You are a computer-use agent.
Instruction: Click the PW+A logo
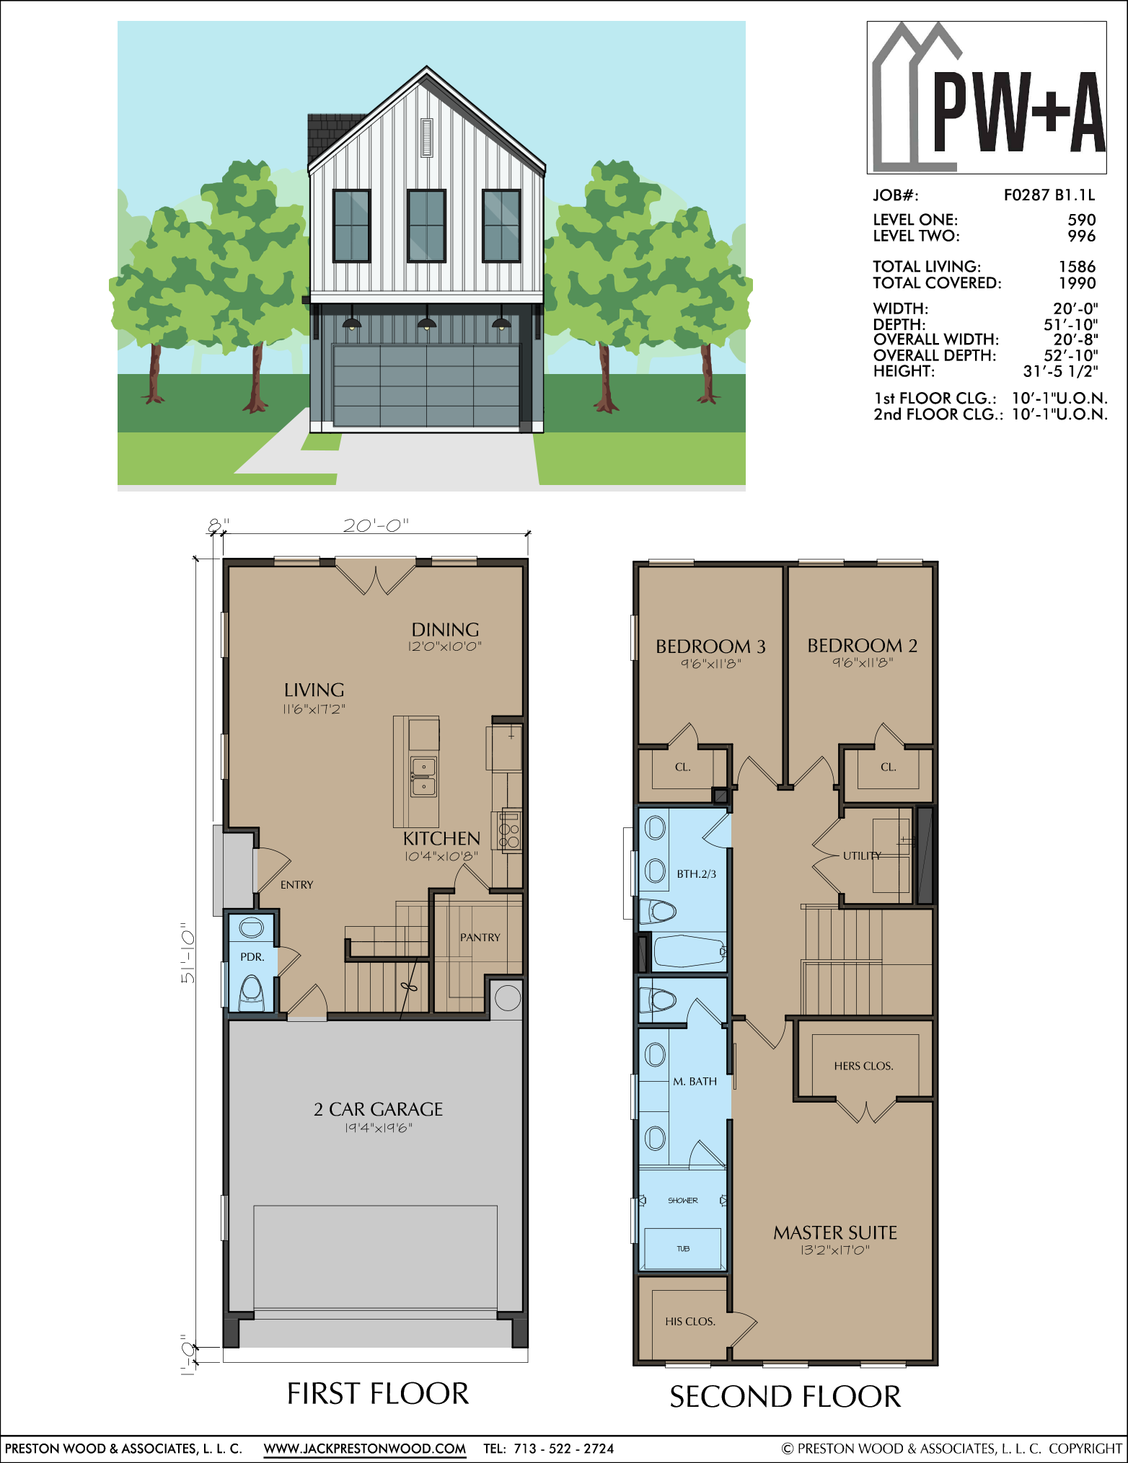pos(987,97)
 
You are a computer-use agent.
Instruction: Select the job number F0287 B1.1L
pos(1049,195)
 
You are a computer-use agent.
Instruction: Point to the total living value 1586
pos(1078,267)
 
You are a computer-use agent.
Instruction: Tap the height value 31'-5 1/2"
pos(1061,371)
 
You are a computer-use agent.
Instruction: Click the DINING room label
pos(445,629)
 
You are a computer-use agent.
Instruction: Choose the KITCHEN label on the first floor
pos(441,838)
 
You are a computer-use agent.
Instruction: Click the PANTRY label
pos(480,937)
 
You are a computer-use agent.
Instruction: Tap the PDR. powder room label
pos(252,957)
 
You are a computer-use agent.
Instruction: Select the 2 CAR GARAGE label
pos(379,1109)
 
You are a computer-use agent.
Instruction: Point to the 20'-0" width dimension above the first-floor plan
pos(376,525)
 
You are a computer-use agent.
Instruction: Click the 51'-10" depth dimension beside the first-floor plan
pos(188,953)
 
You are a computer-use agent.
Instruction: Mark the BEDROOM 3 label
pos(710,646)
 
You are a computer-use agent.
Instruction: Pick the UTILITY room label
pos(862,855)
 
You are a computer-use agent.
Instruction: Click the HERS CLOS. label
pos(864,1066)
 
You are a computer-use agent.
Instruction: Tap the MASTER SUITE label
pos(835,1232)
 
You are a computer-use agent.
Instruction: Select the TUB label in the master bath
pos(683,1248)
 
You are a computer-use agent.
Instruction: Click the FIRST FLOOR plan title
pos(378,1394)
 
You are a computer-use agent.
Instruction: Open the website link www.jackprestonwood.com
pos(365,1449)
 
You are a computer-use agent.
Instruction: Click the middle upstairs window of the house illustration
pos(426,226)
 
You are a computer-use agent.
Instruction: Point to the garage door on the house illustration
pos(426,386)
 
